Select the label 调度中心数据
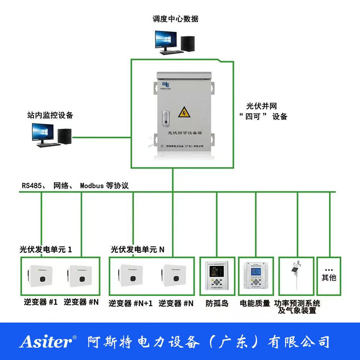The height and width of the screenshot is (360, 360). tap(175, 19)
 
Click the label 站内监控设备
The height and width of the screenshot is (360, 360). tap(50, 115)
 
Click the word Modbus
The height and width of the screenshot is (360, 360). tap(91, 186)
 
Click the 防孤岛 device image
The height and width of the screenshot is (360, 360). tap(215, 275)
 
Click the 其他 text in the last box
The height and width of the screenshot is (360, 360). tap(328, 278)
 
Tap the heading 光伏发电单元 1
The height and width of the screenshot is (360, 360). tap(46, 249)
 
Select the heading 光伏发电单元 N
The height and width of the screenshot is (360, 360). tap(138, 249)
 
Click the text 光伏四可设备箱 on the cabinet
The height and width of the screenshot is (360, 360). tap(185, 133)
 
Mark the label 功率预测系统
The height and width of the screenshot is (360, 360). tap(297, 303)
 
